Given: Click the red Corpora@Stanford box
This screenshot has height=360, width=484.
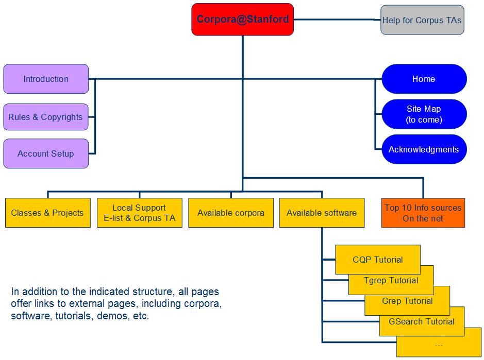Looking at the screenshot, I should point(242,20).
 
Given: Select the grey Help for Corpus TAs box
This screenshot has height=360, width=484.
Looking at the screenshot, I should point(422,21).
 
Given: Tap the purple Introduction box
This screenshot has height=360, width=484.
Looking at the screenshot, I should point(46,79).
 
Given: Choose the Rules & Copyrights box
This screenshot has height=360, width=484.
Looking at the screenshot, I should point(45,117).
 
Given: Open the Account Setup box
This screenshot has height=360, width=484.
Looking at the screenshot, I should point(45,153).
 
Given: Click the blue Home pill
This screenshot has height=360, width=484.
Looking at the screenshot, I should point(424,79).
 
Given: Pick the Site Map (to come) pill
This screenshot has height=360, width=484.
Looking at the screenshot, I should point(424,114).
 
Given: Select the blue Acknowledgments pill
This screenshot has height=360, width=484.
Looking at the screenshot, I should point(424,149).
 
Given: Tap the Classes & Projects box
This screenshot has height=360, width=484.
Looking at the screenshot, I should point(47,213).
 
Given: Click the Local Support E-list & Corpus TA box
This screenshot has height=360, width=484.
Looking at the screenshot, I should point(139,213).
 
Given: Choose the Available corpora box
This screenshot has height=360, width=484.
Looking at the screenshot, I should point(230,213).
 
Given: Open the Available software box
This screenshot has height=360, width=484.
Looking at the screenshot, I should point(322,213).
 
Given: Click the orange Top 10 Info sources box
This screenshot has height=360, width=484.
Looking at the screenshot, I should point(423,213).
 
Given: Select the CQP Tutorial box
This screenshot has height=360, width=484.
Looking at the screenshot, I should point(378,260).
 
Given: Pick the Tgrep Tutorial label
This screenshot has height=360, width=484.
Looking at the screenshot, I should point(391,281).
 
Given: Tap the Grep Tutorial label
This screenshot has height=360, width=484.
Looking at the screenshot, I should point(407,301).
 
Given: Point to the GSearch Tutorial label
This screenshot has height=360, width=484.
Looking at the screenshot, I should point(422,322).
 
